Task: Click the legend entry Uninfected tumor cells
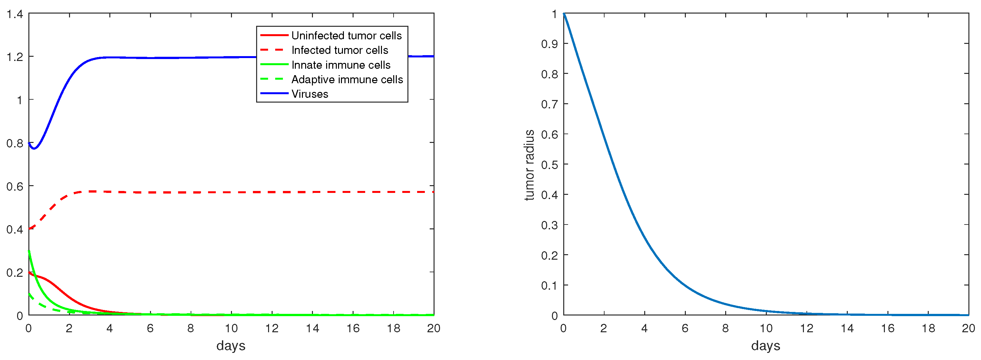(346, 35)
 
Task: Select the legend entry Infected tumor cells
(340, 50)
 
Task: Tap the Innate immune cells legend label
(341, 65)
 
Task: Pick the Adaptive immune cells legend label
(347, 79)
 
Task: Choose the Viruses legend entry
(310, 94)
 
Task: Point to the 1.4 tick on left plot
(15, 14)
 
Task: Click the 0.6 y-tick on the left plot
(15, 186)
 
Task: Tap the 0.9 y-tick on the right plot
(549, 44)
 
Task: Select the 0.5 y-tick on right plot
(549, 165)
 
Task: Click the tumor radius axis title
(529, 165)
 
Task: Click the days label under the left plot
(231, 345)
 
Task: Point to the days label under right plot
(766, 345)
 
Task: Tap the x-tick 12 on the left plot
(272, 328)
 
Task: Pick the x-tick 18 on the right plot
(928, 328)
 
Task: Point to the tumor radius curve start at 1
(564, 14)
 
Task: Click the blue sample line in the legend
(274, 93)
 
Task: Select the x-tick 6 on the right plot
(685, 328)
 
